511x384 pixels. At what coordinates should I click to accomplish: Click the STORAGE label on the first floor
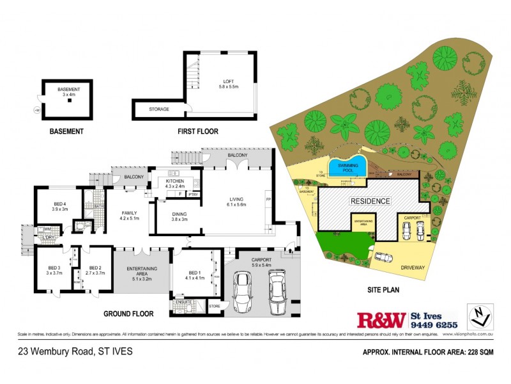pos(159,109)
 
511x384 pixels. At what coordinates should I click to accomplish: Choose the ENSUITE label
pos(184,301)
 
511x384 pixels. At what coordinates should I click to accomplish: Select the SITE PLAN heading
pos(383,290)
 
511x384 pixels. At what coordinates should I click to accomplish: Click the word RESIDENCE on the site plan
pos(369,201)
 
